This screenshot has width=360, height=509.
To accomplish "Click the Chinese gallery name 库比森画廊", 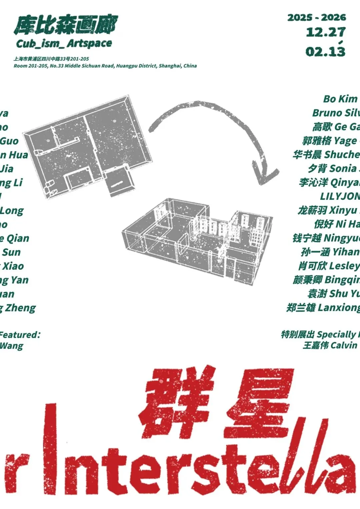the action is point(65,25).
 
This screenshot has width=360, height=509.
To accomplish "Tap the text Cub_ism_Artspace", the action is point(64,43).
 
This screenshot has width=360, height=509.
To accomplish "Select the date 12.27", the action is point(325,32).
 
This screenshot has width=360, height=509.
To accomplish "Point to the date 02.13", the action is point(325,51).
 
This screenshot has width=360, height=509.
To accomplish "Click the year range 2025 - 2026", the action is point(317,17).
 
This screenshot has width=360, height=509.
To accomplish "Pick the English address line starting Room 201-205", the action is point(105,66).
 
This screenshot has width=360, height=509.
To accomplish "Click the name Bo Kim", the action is point(340,99).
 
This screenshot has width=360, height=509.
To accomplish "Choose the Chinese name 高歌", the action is point(322,127).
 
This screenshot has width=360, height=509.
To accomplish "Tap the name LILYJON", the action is point(340,196).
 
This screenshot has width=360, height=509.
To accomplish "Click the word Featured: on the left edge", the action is point(20,334).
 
